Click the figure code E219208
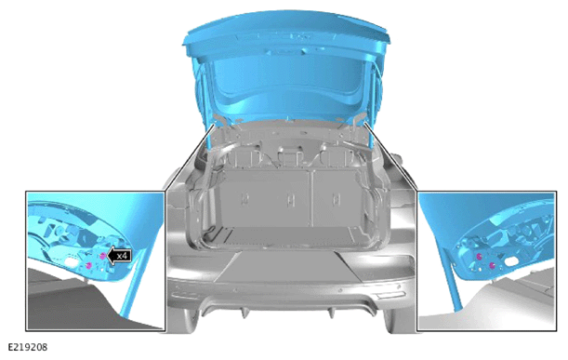(28, 347)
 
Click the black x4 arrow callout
(119, 256)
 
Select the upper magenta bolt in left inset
(102, 257)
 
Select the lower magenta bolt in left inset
(88, 266)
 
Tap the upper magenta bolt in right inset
(479, 257)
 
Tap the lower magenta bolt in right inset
(492, 266)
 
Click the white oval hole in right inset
(511, 261)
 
